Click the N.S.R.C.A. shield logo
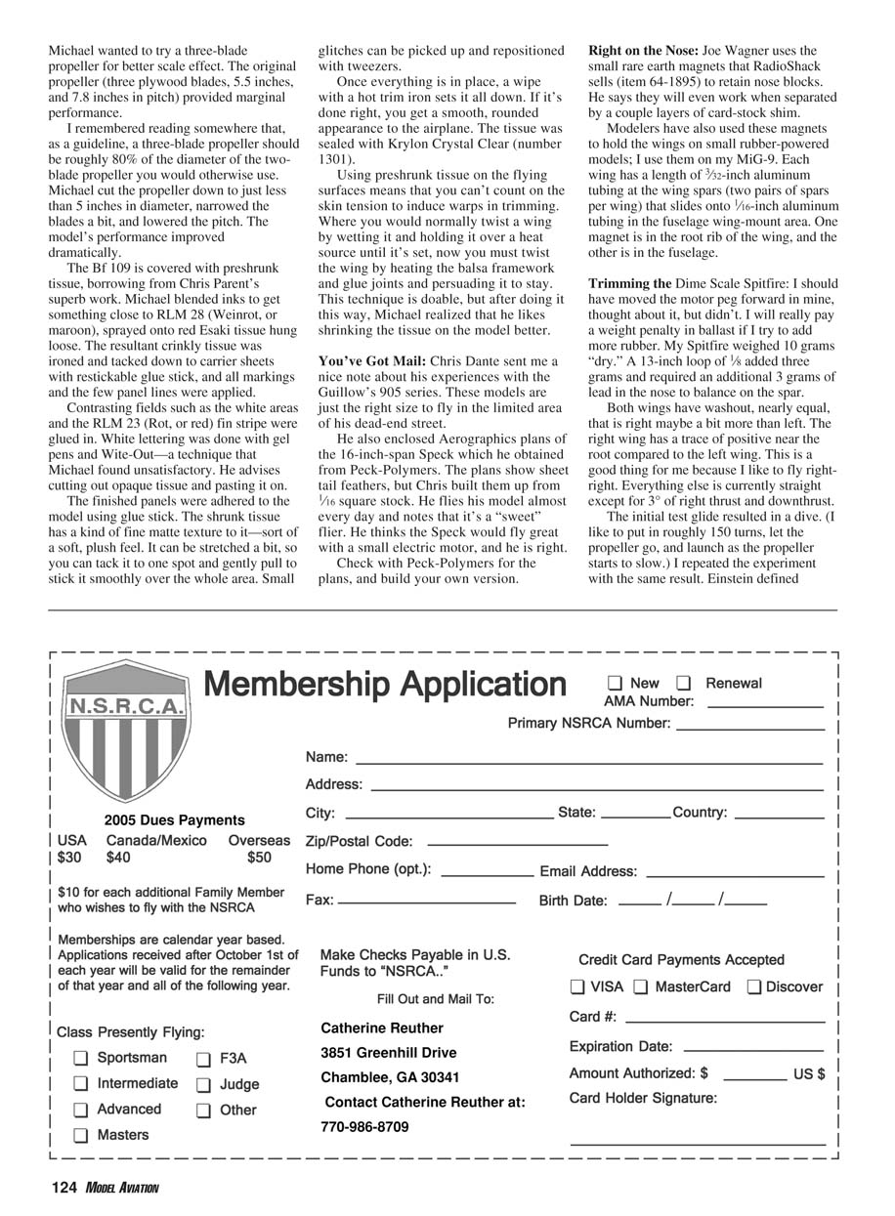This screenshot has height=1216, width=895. click(x=126, y=728)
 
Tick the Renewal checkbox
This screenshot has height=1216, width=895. click(x=684, y=683)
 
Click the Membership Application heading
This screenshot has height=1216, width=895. click(x=384, y=685)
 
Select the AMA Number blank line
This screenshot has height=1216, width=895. click(x=765, y=705)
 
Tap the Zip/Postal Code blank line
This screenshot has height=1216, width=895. click(x=517, y=844)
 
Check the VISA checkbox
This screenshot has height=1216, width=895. click(x=578, y=987)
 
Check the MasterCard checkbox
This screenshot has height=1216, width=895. click(x=641, y=987)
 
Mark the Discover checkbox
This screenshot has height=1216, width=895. click(x=754, y=987)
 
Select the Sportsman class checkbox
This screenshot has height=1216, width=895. click(x=80, y=1059)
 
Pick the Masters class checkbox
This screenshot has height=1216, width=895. click(x=80, y=1136)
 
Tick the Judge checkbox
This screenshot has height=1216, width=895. click(x=203, y=1085)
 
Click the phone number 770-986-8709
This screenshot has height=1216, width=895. click(x=364, y=1127)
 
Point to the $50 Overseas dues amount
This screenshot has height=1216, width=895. click(x=259, y=858)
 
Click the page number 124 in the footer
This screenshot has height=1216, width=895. click(x=64, y=1188)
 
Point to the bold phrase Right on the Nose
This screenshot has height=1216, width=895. click(x=643, y=50)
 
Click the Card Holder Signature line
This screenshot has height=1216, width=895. click(x=698, y=1143)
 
